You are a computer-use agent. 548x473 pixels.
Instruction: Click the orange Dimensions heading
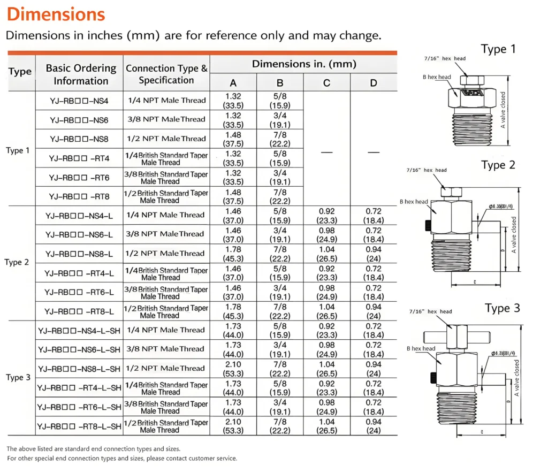(x=56, y=14)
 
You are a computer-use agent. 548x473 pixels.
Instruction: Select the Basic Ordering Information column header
(x=81, y=74)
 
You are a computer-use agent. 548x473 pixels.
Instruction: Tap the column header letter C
(x=326, y=82)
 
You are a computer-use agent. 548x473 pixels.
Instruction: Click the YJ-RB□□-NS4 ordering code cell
(x=79, y=101)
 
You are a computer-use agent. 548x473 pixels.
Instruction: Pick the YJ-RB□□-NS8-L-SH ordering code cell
(x=79, y=368)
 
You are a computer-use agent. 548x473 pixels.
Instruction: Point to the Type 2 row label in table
(x=17, y=262)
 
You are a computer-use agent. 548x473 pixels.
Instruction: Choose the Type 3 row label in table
(x=18, y=378)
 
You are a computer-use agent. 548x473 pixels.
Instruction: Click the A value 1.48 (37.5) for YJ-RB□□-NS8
(x=233, y=139)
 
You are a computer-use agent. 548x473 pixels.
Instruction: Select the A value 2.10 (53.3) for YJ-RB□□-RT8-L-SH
(x=233, y=426)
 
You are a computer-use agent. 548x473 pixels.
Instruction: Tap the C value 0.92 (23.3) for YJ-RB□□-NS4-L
(x=326, y=215)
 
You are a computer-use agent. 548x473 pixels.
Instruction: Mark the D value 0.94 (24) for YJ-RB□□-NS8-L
(x=374, y=253)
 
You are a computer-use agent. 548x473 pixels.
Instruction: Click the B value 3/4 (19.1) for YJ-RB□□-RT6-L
(x=280, y=292)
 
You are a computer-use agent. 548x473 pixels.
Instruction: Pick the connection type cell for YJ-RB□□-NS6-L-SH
(x=166, y=349)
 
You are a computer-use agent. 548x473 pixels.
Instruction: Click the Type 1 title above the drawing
(x=498, y=49)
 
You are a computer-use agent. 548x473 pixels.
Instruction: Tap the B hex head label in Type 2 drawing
(x=414, y=202)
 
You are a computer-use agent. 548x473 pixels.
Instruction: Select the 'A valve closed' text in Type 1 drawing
(x=503, y=110)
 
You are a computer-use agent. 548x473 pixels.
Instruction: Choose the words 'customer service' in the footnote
(x=214, y=459)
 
